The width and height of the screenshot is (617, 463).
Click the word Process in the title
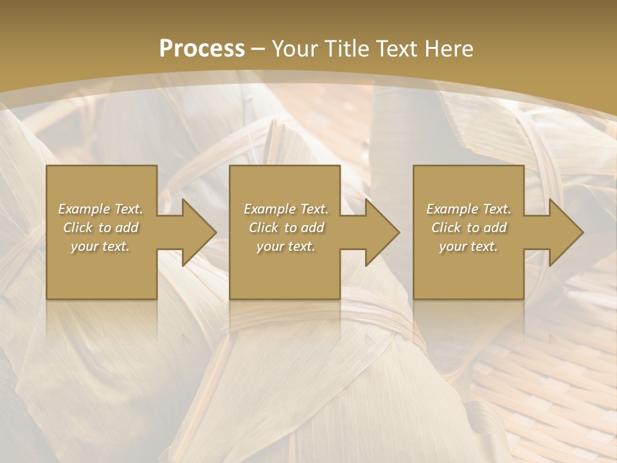[x=202, y=49]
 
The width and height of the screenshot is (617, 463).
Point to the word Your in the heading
[x=294, y=49]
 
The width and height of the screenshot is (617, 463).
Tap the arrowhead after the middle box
[x=381, y=232]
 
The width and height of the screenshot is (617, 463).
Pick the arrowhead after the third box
[x=565, y=232]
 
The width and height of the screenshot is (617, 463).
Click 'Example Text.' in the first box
[x=100, y=209]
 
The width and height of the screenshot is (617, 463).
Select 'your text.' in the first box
[x=100, y=246]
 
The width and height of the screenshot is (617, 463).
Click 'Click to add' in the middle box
[x=286, y=228]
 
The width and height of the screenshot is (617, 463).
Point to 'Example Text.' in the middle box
[x=286, y=209]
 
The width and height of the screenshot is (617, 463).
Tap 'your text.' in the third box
[x=469, y=246]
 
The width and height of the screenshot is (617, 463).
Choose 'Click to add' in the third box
[x=469, y=228]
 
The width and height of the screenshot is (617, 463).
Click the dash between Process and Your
[x=258, y=50]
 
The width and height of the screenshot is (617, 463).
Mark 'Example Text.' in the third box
[x=469, y=209]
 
